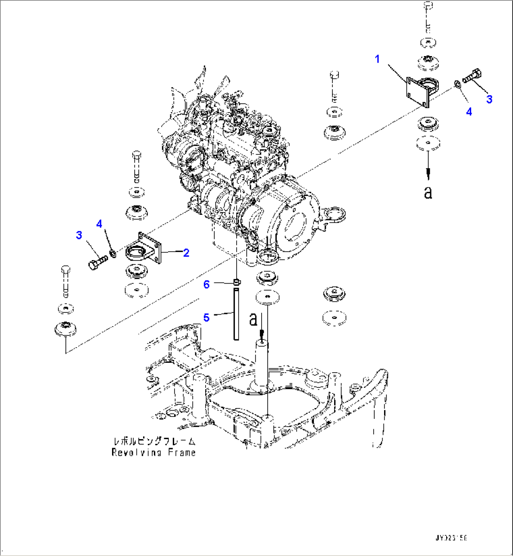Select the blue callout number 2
pyautogui.click(x=186, y=253)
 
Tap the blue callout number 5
pyautogui.click(x=206, y=318)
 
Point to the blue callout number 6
pyautogui.click(x=206, y=284)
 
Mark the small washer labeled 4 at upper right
pyautogui.click(x=457, y=84)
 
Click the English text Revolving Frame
pyautogui.click(x=153, y=452)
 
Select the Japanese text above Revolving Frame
pyautogui.click(x=154, y=442)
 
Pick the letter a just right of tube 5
pyautogui.click(x=254, y=319)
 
